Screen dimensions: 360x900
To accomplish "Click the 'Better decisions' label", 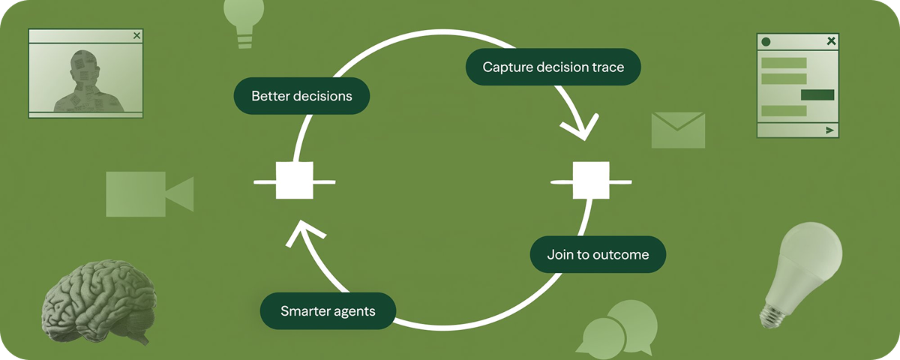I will (x=301, y=96).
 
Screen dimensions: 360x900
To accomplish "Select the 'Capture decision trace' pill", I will (x=553, y=67).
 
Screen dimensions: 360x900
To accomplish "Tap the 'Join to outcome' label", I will (x=598, y=254).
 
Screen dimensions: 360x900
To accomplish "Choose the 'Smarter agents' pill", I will (x=328, y=310).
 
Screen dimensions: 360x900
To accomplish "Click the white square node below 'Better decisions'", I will (x=294, y=181).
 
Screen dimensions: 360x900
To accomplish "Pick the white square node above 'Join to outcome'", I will (x=591, y=181).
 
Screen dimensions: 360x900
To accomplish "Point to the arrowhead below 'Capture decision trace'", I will (x=582, y=129).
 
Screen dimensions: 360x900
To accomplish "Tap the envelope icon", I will (x=678, y=130).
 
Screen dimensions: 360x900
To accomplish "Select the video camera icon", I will (x=148, y=193).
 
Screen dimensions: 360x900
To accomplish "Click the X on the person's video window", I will (x=136, y=35).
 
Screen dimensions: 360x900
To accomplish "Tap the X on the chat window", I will (x=830, y=41).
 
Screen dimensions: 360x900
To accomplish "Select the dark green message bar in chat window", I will (x=817, y=94).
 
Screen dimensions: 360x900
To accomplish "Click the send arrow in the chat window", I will (x=829, y=130).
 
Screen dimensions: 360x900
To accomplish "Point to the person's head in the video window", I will (x=83, y=64).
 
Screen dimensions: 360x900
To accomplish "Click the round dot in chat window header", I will (x=766, y=42).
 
